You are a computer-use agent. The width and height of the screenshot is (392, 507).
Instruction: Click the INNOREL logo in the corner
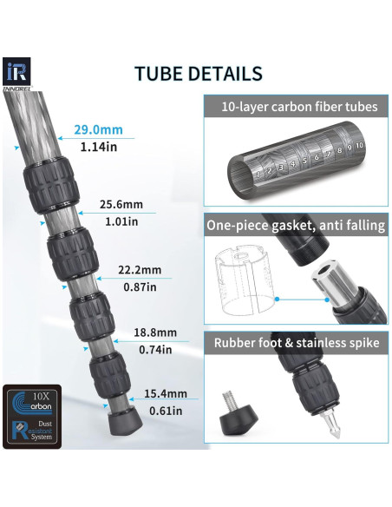tap(17, 75)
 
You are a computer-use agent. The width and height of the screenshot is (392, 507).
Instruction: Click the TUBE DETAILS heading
tap(199, 74)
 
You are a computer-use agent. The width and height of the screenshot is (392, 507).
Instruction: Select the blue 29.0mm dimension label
tap(99, 129)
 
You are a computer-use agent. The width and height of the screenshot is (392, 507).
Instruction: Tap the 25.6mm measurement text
tap(121, 204)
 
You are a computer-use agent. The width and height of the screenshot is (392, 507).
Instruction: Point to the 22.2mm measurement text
tap(140, 270)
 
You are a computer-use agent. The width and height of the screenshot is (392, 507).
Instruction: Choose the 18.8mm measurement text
tap(155, 333)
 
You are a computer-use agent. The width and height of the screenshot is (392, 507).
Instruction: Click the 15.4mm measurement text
tap(166, 393)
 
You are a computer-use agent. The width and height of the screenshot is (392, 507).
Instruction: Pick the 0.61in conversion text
tap(166, 411)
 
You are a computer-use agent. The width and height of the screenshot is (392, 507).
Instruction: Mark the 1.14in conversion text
tap(99, 147)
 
